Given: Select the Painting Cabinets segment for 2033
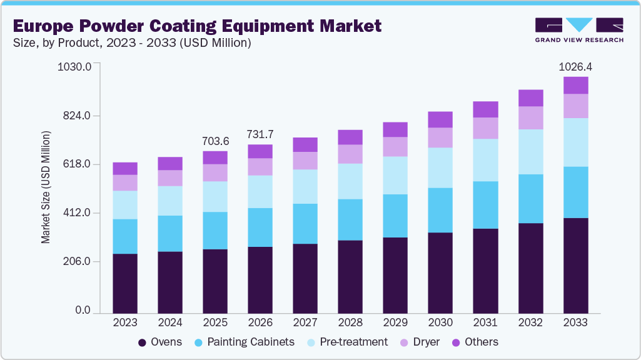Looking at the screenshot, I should click(x=575, y=192).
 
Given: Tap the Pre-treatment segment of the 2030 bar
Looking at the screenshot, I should click(x=440, y=167).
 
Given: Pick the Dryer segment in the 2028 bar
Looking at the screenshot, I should click(x=350, y=154).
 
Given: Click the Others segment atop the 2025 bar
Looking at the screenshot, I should click(x=215, y=157).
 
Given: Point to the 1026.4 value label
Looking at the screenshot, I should click(x=575, y=66).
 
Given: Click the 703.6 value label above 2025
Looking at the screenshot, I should click(x=215, y=141).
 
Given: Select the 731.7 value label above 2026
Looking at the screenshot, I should click(x=260, y=134).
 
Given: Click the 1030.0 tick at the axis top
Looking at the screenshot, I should click(x=74, y=67).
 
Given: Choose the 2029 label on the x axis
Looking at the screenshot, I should click(x=395, y=322).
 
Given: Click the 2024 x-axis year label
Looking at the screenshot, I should click(x=170, y=322).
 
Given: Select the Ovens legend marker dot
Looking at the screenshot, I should click(x=143, y=342).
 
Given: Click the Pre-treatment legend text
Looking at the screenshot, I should click(x=354, y=342).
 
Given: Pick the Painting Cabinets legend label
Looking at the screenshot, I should click(x=250, y=342).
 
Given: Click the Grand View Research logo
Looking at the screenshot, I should click(x=578, y=29).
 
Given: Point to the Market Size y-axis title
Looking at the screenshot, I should click(x=46, y=187).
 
